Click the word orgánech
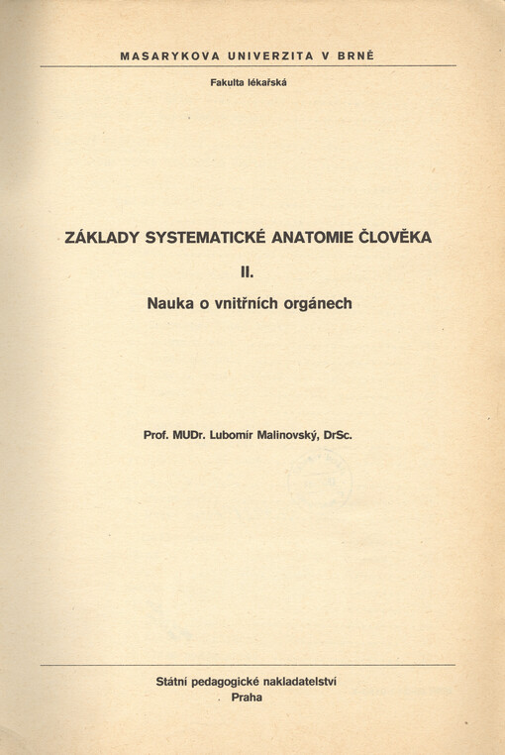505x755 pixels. [320, 304]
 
